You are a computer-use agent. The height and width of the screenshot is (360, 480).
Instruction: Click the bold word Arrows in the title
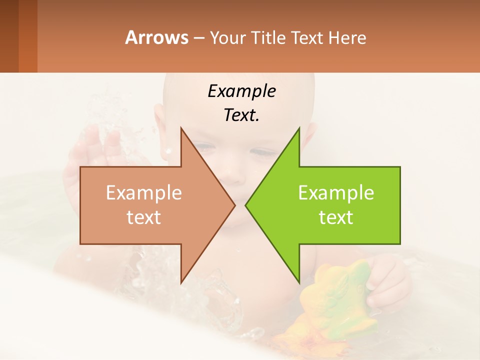point(156,37)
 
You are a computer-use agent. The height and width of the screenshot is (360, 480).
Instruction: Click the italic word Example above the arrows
point(241,91)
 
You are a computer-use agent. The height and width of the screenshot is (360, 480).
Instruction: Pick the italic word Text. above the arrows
point(241,115)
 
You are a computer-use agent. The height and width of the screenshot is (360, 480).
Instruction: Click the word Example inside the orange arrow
point(143,193)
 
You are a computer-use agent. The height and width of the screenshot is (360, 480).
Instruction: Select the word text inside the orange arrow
point(143,217)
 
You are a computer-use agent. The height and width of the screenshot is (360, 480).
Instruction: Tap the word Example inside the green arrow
point(336,193)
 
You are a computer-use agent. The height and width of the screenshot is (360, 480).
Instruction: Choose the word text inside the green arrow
point(336,217)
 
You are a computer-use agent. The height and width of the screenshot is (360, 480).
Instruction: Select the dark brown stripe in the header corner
point(9,36)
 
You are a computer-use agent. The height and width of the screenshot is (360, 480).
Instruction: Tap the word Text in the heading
point(308,38)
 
